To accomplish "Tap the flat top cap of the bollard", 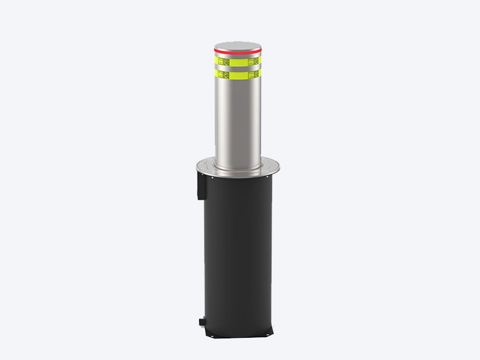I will tap(238, 46).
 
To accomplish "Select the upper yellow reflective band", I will tap(238, 61).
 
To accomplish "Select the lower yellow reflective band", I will tap(238, 76).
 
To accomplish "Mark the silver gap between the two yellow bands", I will tap(238, 68).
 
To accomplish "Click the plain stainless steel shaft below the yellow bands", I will tap(238, 120).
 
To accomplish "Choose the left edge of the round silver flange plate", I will tap(195, 166).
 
